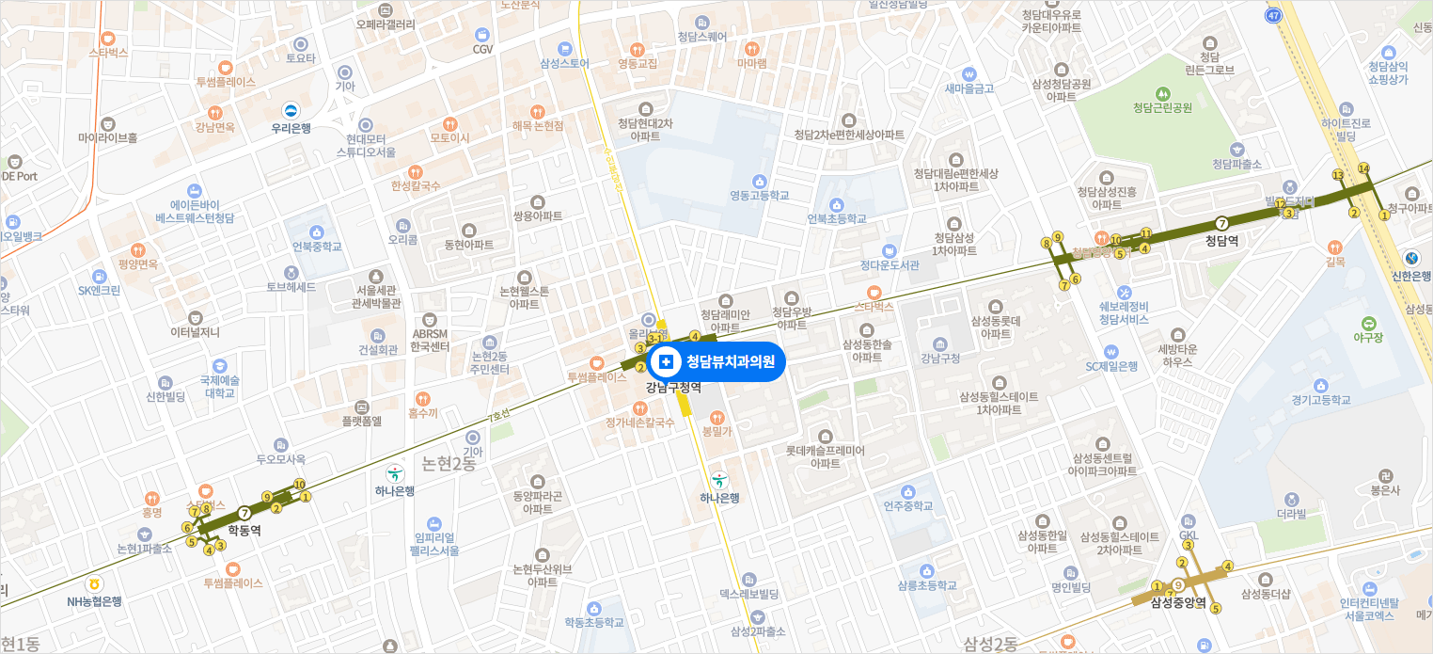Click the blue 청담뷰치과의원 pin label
point(716,361)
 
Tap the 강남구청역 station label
point(673,387)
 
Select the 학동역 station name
point(244,531)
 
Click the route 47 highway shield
point(1274,16)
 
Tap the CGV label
point(482,49)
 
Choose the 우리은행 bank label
point(291,128)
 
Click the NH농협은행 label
point(94,601)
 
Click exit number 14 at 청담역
point(1363,168)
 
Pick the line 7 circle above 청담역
point(1221,223)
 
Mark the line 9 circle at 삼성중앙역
point(1177,585)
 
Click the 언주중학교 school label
point(907,506)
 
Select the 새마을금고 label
point(968,88)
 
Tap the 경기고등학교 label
point(1321,400)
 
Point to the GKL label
point(1189,534)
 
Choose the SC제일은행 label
point(1111,366)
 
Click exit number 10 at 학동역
point(299,485)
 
